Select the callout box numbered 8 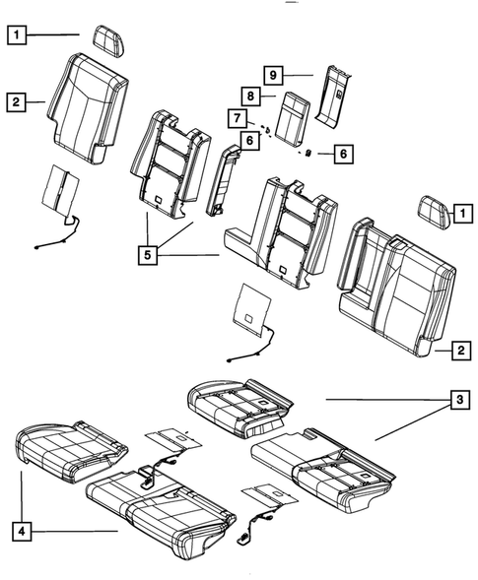tap(251, 97)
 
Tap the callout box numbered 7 tap(238, 119)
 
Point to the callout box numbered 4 tap(20, 532)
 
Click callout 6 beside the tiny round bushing tap(343, 154)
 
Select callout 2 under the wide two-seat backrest tap(458, 349)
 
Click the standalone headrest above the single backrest tap(106, 38)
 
